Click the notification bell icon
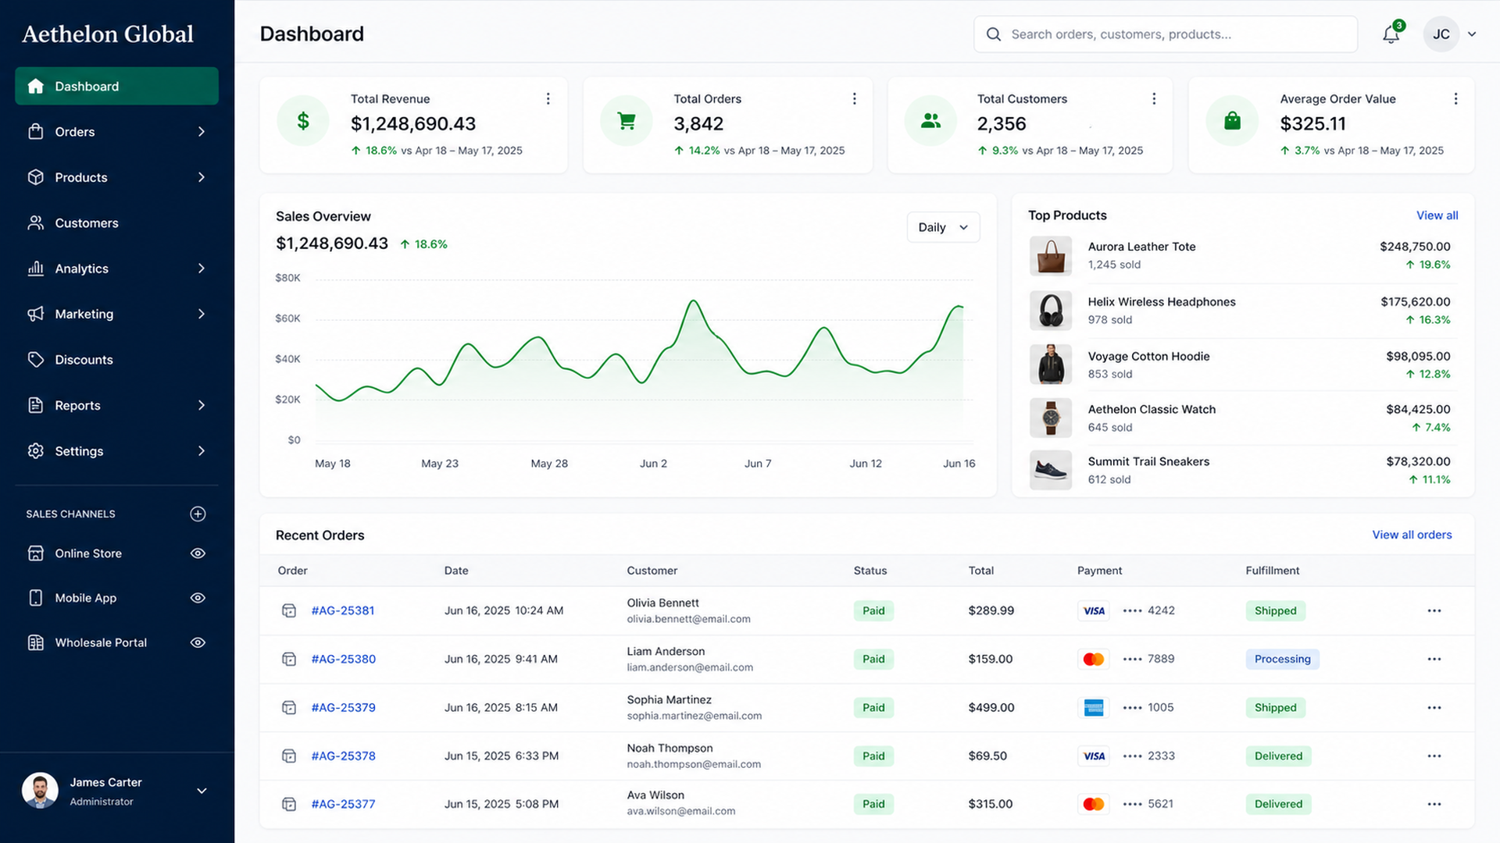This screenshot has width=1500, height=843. click(x=1391, y=34)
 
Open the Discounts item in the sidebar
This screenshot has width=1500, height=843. click(x=84, y=360)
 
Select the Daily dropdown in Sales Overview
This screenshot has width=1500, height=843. click(x=943, y=227)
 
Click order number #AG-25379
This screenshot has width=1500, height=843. click(x=343, y=708)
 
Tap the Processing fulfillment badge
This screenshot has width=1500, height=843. click(x=1282, y=659)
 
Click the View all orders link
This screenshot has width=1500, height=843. click(x=1412, y=535)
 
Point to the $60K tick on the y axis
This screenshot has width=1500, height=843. click(x=287, y=318)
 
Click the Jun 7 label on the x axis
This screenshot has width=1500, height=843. click(x=757, y=464)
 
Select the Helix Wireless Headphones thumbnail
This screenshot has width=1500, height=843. click(x=1050, y=311)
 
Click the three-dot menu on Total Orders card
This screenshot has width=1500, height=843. click(x=854, y=99)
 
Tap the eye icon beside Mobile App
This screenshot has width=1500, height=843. click(x=198, y=598)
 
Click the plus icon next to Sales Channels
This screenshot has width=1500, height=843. click(x=198, y=514)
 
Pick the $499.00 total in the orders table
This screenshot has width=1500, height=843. click(x=991, y=708)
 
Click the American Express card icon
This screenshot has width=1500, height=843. click(x=1093, y=708)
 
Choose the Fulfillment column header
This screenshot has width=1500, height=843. click(x=1272, y=571)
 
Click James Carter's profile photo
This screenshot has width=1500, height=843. click(x=40, y=791)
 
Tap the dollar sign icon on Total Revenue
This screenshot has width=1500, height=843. click(x=303, y=121)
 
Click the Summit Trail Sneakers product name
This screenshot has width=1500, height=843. click(x=1148, y=461)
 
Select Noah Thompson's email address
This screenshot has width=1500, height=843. click(x=693, y=764)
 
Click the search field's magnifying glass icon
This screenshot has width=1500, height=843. click(x=993, y=34)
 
